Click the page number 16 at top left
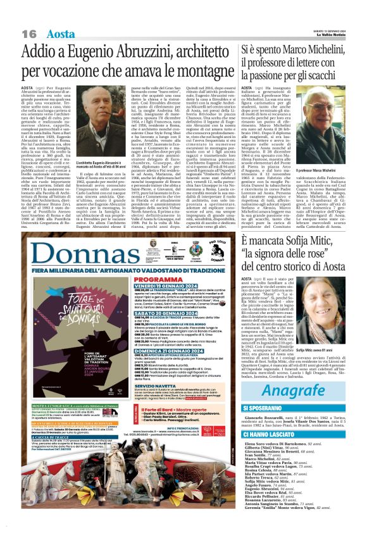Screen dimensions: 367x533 coord(29,33)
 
